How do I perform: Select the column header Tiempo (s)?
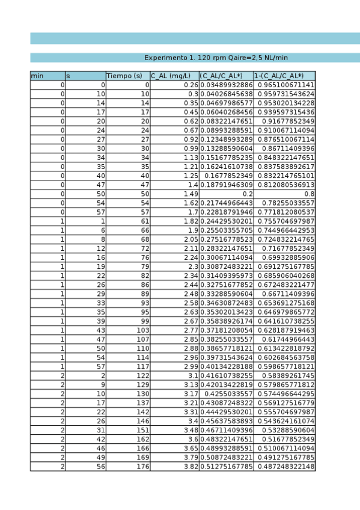point(124,76)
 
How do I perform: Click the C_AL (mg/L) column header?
point(171,76)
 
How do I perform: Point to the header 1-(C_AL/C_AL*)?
point(279,76)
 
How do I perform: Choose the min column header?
point(37,76)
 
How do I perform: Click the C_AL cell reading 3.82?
point(190,467)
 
